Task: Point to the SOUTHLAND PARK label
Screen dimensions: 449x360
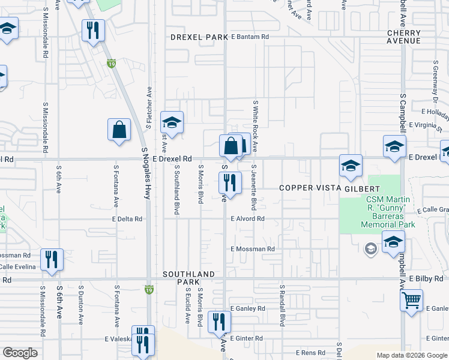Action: (189, 278)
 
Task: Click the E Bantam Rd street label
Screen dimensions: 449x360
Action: (250, 37)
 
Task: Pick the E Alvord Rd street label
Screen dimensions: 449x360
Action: (248, 219)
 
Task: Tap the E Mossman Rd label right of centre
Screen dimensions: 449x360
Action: (253, 248)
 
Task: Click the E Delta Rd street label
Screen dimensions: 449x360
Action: (127, 219)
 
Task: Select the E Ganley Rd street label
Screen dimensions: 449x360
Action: (247, 308)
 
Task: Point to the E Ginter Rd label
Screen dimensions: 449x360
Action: (246, 338)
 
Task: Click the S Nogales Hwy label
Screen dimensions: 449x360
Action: (146, 173)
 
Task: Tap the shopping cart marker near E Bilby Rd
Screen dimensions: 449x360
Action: (411, 299)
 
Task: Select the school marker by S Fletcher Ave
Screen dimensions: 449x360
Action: (172, 124)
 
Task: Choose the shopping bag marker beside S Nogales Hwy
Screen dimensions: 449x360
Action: (119, 129)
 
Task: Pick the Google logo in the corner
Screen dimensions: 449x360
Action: (20, 353)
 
